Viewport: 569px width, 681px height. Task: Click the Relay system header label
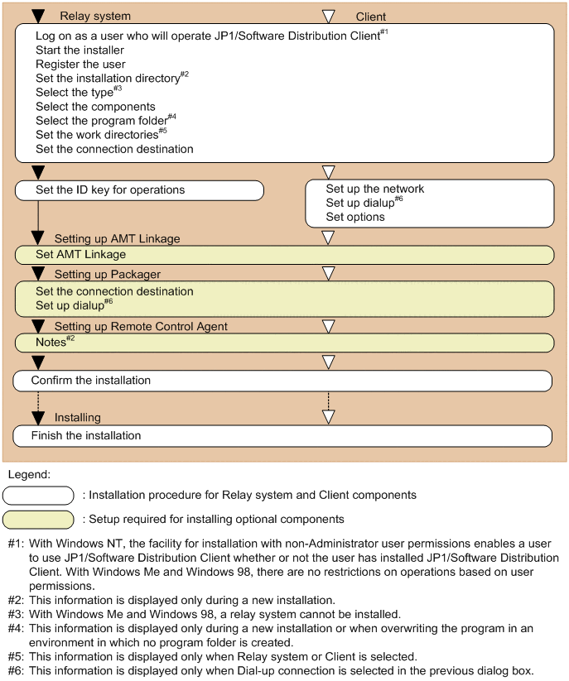(x=95, y=16)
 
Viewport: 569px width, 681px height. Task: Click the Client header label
(x=371, y=17)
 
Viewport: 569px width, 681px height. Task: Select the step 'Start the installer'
(x=80, y=50)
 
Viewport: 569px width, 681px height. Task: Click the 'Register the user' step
(x=81, y=65)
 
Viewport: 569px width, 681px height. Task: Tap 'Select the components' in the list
(x=95, y=107)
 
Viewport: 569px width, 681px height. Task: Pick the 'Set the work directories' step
(x=96, y=135)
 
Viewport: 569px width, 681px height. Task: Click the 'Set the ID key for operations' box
(x=139, y=190)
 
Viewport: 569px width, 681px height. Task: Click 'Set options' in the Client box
(x=355, y=217)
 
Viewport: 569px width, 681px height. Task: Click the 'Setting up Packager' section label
(x=108, y=273)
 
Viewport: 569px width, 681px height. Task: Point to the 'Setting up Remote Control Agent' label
(x=141, y=327)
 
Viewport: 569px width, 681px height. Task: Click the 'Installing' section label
(x=78, y=418)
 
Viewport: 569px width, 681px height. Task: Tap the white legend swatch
(x=38, y=495)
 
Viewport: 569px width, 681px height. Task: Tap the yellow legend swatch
(x=38, y=520)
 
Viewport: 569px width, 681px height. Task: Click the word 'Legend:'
(x=28, y=475)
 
